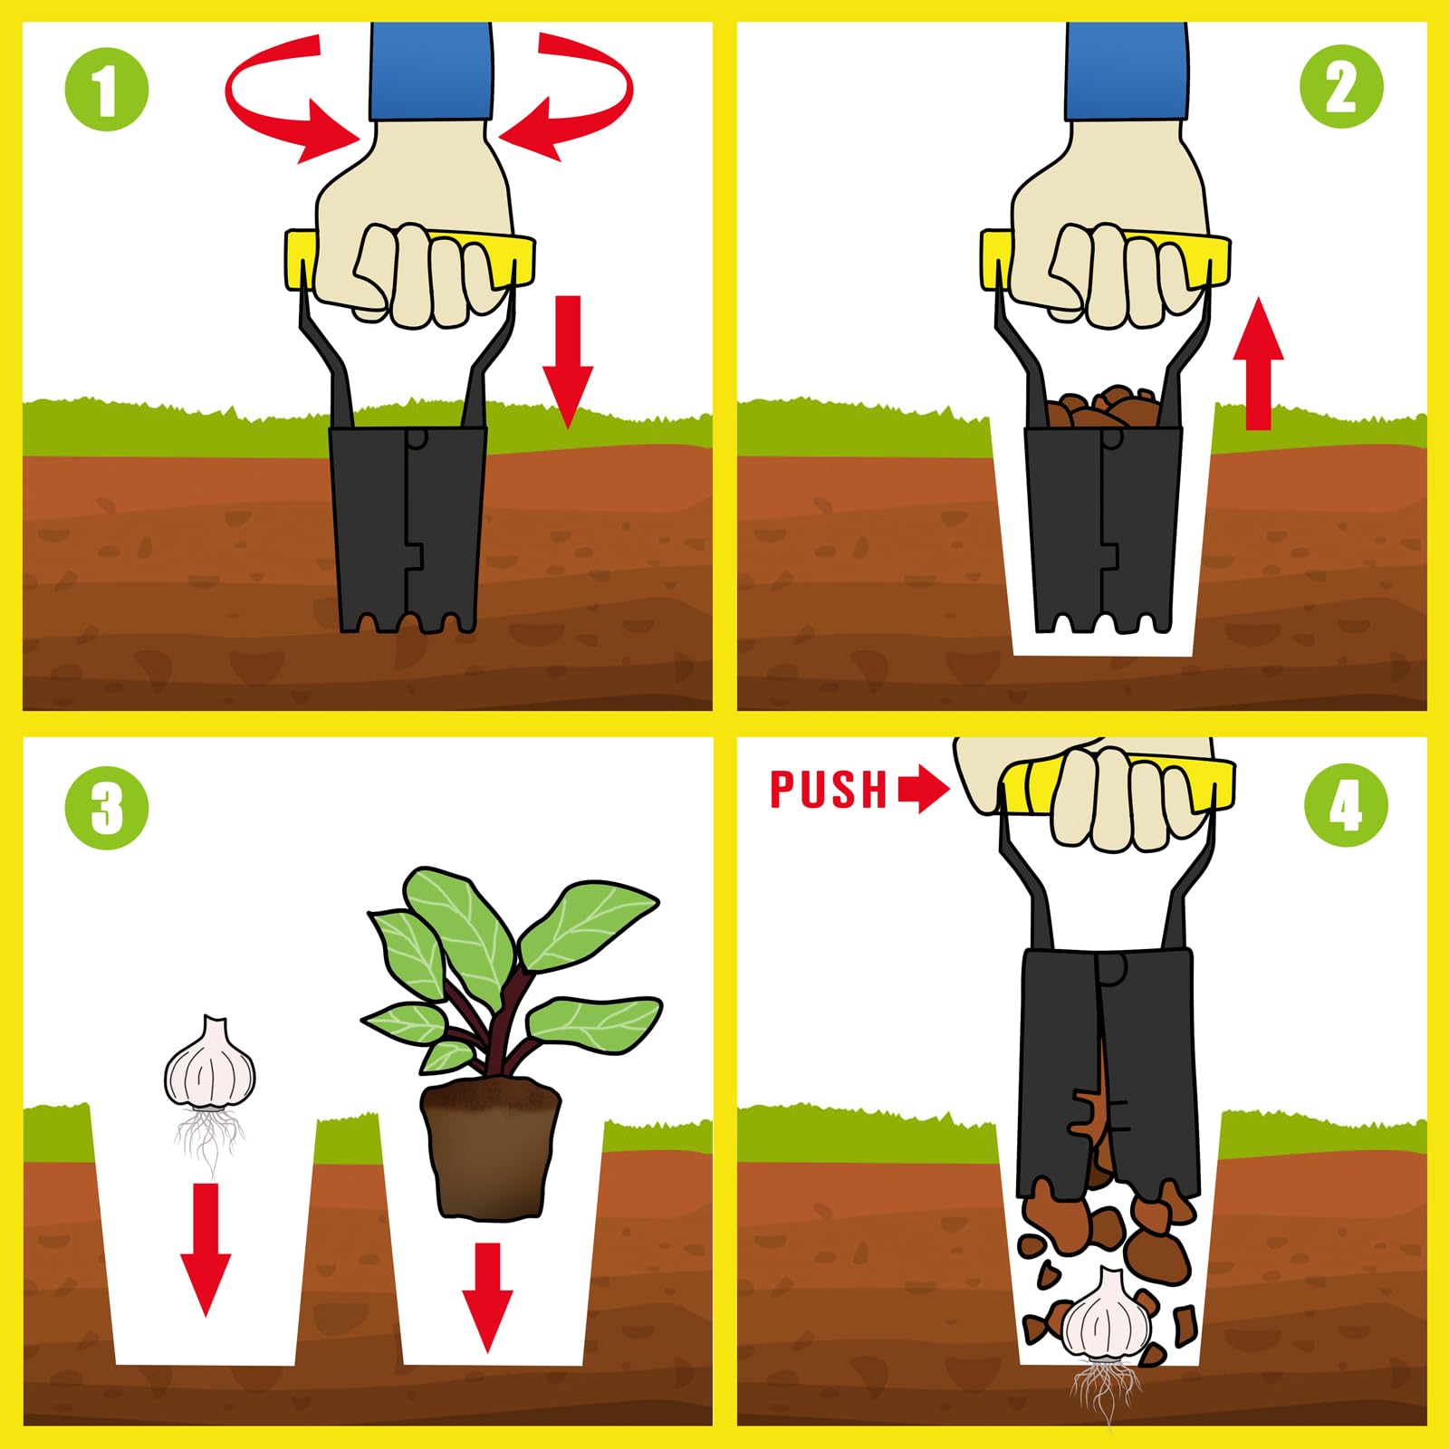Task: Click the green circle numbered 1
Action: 106,90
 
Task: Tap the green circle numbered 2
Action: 1341,88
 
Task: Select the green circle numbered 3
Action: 107,807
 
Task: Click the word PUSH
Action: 829,789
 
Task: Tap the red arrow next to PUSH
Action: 924,789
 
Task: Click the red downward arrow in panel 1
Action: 568,360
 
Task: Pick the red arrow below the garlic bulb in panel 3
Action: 206,1249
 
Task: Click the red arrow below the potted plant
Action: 487,1298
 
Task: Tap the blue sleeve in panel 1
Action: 431,72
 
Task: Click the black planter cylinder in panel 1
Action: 407,528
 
